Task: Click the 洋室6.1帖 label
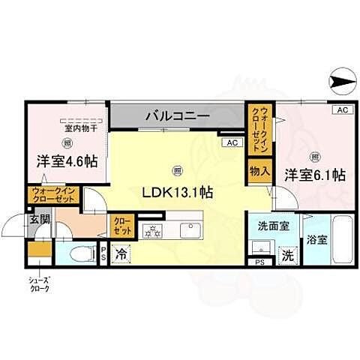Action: [314, 175]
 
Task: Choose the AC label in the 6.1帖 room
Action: [343, 109]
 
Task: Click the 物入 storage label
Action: [259, 171]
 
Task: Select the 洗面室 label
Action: [268, 223]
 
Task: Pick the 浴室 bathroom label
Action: [316, 240]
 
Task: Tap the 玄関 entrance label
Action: [39, 220]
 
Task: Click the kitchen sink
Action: [189, 227]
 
